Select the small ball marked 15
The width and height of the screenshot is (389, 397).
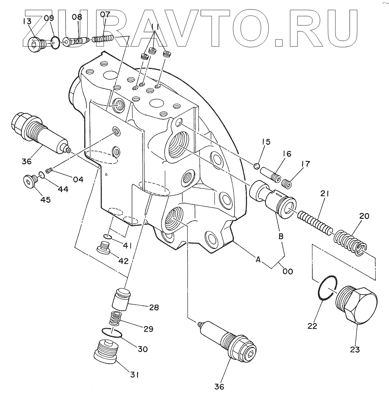(x=257, y=166)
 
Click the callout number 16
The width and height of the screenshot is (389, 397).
(x=286, y=154)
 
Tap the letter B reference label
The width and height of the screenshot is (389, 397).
(x=281, y=236)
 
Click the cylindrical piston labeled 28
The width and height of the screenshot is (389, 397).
(x=121, y=299)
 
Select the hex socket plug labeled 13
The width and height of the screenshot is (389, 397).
(x=36, y=45)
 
